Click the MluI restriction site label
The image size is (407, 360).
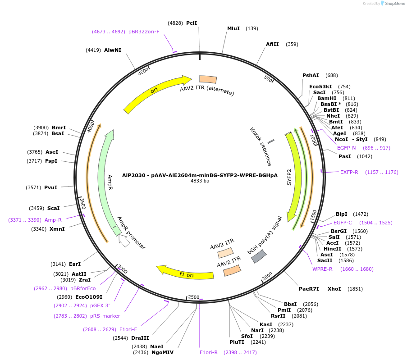233,28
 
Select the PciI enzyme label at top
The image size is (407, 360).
192,23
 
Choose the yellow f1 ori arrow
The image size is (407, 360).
185,273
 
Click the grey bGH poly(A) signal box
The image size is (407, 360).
258,256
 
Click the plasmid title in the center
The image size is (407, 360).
200,175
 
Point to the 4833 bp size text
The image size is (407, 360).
200,181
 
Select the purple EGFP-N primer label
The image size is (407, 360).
346,148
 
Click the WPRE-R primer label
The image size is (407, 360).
322,269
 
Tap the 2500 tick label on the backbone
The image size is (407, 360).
193,297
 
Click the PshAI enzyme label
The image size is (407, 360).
311,75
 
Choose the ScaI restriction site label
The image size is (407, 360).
53,208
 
